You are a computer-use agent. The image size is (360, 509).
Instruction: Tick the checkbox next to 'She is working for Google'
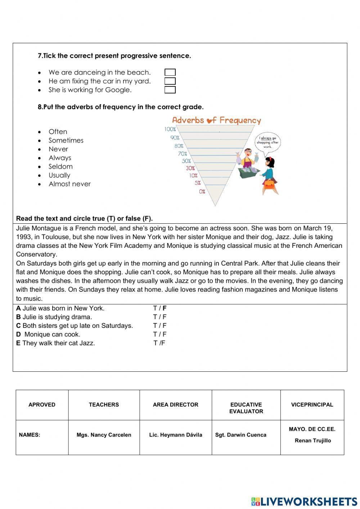[170, 90]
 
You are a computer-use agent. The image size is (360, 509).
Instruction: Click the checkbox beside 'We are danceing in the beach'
[170, 72]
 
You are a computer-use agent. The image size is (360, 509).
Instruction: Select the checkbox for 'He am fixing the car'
[170, 81]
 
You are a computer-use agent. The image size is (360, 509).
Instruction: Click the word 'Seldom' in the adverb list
[60, 166]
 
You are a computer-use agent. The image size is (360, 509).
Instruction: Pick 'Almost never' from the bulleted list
[69, 184]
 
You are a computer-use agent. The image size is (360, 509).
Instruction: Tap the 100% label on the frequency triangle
[170, 129]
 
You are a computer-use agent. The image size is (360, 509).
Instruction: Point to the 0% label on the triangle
[202, 192]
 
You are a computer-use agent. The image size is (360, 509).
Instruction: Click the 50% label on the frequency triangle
[186, 161]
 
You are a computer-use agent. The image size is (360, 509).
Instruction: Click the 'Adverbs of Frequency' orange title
[216, 120]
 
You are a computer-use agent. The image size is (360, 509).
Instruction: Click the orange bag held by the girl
[269, 184]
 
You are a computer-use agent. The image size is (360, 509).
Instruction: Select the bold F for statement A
[165, 308]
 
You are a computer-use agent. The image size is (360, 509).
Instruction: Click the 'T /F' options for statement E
[159, 343]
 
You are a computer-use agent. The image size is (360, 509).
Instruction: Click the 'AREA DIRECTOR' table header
[175, 405]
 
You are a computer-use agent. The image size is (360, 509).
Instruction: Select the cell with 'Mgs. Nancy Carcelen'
[104, 435]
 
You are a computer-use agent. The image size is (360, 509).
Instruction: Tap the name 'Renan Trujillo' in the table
[312, 441]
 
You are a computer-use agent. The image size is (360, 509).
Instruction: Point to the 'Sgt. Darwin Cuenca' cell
[240, 435]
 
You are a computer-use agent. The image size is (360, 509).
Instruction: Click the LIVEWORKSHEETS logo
[304, 501]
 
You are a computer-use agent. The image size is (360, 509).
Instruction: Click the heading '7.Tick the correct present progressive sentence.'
[114, 56]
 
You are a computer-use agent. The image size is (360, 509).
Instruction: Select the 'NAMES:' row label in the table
[30, 435]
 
